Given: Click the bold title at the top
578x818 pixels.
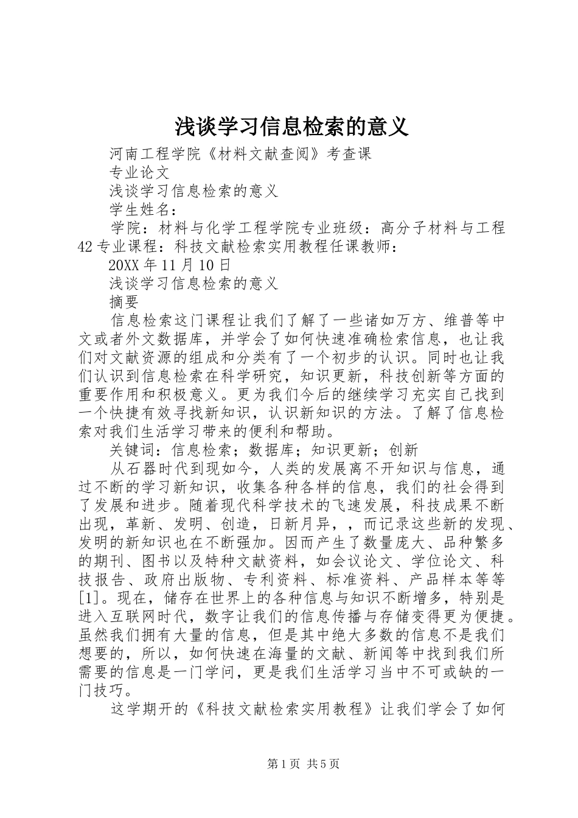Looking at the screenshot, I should click(288, 126).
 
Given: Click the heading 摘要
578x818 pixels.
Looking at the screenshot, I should click(125, 302).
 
